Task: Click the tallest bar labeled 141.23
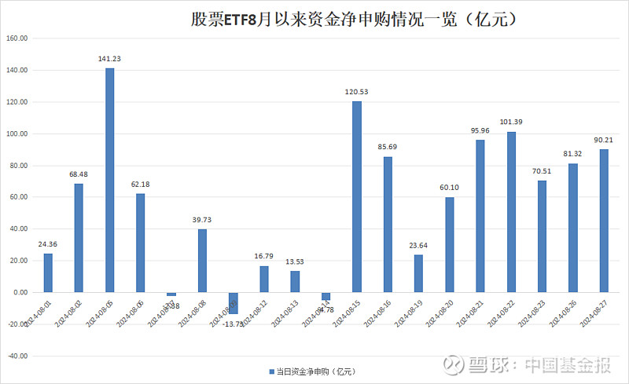[110, 180]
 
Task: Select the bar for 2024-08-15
[357, 196]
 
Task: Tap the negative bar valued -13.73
[234, 303]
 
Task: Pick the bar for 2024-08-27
[604, 221]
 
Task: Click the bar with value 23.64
[418, 273]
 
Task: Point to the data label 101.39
[511, 123]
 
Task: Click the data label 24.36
[48, 244]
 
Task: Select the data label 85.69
[388, 148]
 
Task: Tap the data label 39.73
[202, 220]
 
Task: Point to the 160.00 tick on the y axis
[17, 38]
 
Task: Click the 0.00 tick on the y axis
[20, 292]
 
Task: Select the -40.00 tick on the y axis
[17, 356]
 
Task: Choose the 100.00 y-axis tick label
[17, 133]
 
